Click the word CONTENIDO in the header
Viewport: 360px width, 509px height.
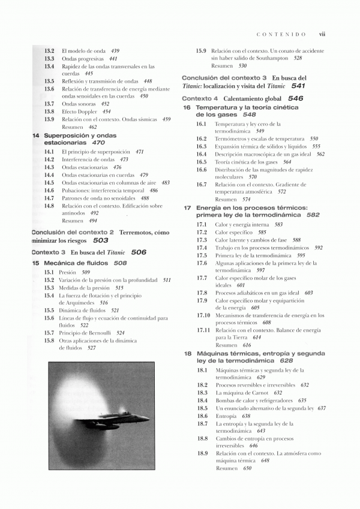tap(281, 34)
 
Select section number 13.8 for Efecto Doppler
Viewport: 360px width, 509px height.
tap(49, 112)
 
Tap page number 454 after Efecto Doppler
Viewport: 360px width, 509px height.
tap(106, 112)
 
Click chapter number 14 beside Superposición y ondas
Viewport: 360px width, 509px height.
tap(36, 136)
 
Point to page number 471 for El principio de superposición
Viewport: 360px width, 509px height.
tap(139, 152)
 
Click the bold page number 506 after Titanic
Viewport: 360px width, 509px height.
tap(139, 252)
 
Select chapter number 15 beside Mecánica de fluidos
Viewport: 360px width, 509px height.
tap(36, 263)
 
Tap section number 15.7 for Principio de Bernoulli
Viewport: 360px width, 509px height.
tap(49, 333)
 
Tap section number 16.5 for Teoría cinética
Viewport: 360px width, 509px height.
tap(202, 162)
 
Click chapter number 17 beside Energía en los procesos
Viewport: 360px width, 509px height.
tap(187, 207)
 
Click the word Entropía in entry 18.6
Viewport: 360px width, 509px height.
tap(226, 416)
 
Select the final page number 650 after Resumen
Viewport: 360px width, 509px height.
tap(247, 468)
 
